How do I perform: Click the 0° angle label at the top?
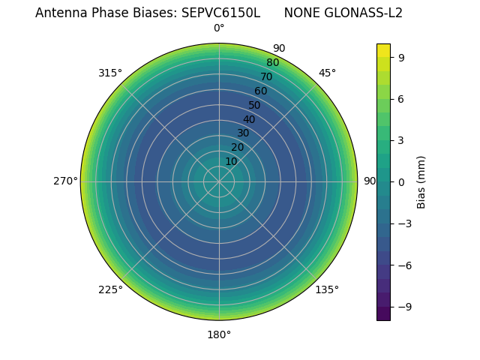219,28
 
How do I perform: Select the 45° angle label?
327,73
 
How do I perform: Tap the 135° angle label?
327,289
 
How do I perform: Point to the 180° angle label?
219,334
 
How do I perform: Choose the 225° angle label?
110,289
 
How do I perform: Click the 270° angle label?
65,181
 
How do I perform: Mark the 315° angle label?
110,73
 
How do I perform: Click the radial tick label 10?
231,161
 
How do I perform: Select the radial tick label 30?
243,133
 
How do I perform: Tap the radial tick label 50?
255,105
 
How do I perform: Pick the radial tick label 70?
266,76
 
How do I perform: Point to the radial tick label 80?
272,63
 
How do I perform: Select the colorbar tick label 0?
402,181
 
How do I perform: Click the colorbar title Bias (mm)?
421,181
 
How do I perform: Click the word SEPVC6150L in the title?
220,13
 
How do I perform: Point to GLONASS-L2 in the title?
365,13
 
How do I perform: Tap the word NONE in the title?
301,13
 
